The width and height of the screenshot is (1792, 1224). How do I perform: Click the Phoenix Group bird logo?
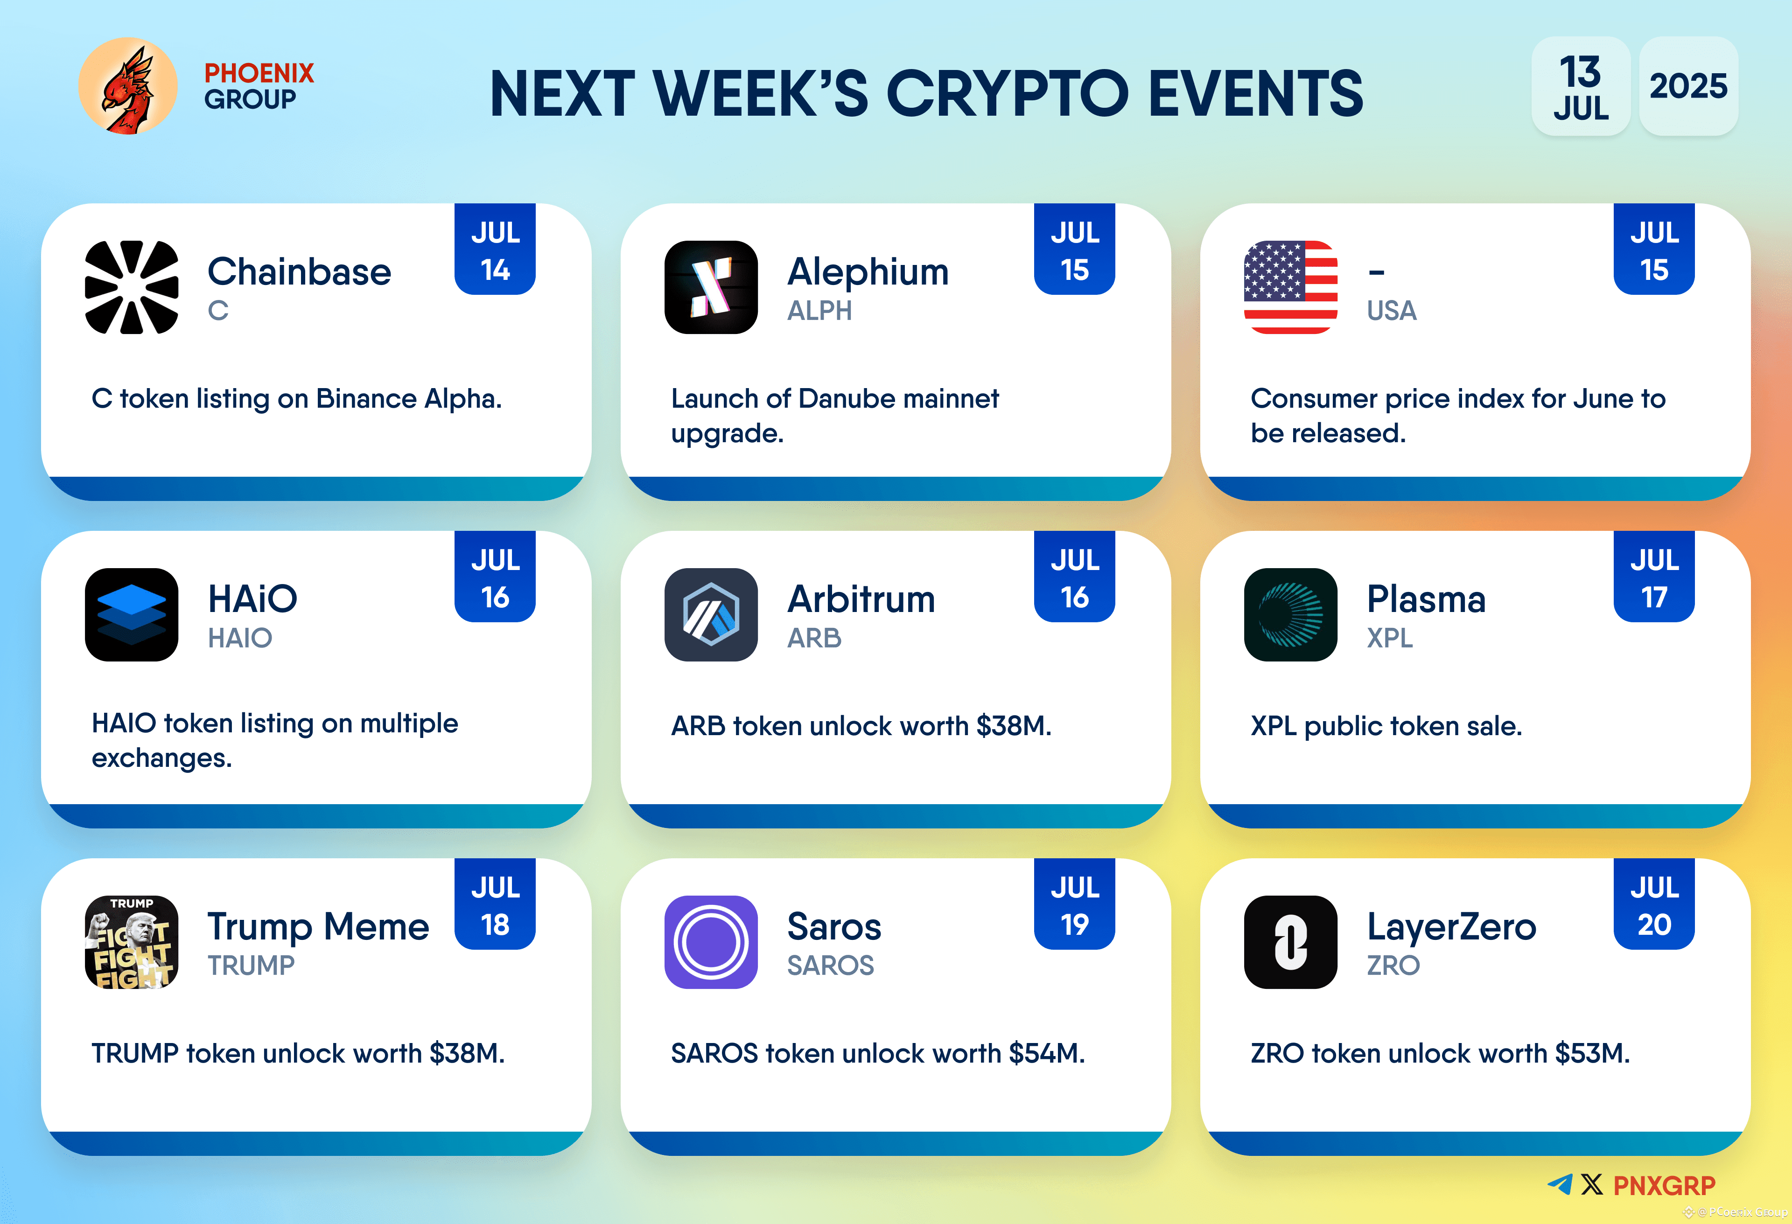(128, 85)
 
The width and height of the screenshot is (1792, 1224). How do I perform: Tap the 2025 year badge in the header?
(1688, 85)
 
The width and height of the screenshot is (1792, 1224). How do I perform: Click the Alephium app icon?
(710, 287)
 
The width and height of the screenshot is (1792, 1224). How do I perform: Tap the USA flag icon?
(1290, 287)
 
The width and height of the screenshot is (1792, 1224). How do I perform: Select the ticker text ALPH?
(819, 311)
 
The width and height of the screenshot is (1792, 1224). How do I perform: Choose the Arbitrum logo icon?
(710, 614)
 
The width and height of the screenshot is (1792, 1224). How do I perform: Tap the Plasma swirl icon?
(1290, 614)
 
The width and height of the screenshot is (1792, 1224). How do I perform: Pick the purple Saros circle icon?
(710, 941)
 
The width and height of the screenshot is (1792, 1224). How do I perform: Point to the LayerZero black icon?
(1290, 941)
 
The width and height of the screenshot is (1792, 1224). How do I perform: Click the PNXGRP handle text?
(1664, 1185)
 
